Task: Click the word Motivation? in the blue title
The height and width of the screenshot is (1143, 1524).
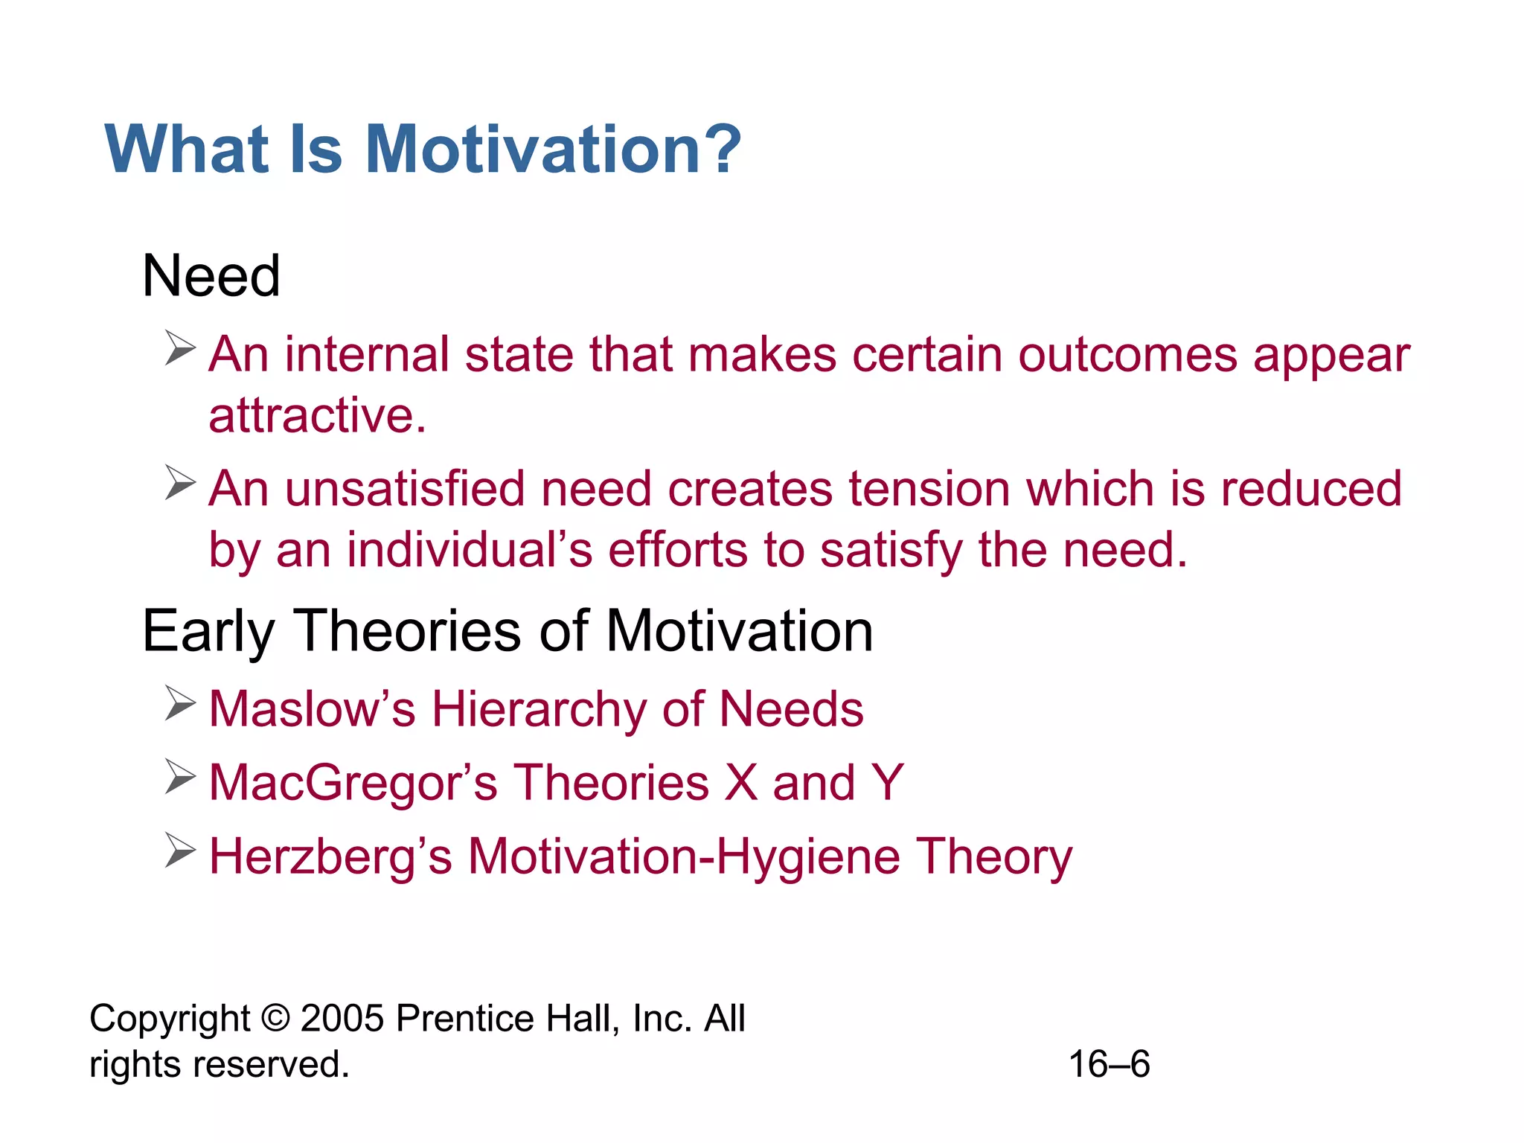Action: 553,150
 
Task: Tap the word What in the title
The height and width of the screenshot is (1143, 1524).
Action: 187,150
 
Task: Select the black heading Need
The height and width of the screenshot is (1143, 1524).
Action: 211,276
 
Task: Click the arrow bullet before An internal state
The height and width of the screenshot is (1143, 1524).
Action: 180,348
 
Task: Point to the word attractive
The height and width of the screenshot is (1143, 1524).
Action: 317,415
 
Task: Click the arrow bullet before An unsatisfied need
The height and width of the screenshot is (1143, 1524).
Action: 180,482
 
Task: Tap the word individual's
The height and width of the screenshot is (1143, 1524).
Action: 470,550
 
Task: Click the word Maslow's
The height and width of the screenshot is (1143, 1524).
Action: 312,708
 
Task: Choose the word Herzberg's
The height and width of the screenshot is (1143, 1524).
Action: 330,857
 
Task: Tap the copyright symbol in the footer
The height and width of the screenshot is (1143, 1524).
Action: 275,1018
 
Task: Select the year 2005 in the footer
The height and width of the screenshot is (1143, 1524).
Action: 342,1018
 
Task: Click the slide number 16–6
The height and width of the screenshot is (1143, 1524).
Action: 1109,1064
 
